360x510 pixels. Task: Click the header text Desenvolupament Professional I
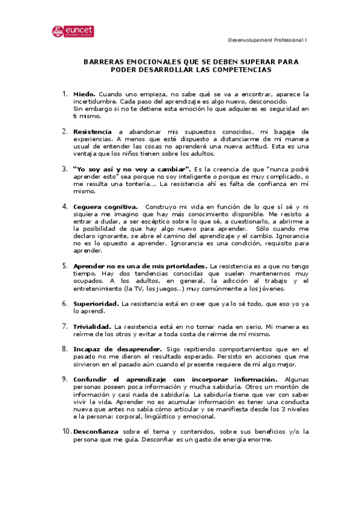pos(267,40)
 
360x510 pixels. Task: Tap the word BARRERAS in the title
pos(103,62)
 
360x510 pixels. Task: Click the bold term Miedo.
pos(84,94)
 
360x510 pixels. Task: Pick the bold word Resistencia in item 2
pos(93,131)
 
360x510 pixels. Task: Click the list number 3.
pos(64,168)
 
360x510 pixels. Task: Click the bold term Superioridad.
pos(96,304)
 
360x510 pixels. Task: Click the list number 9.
pos(64,379)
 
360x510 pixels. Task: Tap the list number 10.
pos(66,431)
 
